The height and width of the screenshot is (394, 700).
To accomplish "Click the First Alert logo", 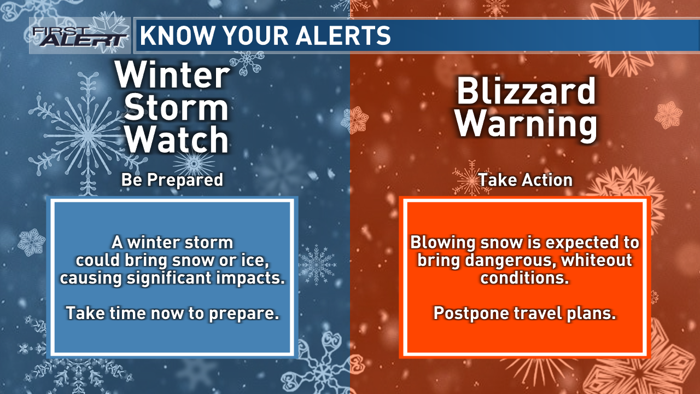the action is pos(79,36).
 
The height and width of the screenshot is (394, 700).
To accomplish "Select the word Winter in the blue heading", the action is pos(172,74).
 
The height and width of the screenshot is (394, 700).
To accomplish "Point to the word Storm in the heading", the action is pos(176,107).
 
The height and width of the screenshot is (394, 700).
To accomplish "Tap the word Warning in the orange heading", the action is pos(526,124).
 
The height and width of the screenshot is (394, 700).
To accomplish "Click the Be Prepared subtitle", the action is pos(172,180).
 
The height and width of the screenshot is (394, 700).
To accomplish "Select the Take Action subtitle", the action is pos(526,180).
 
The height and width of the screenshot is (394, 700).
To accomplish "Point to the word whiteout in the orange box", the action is pos(597,260).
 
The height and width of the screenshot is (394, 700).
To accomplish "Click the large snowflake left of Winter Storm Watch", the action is pos(87,135).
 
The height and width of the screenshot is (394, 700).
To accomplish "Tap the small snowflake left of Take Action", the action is pos(469,178).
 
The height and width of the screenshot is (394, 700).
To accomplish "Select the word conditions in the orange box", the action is pos(524,277).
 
